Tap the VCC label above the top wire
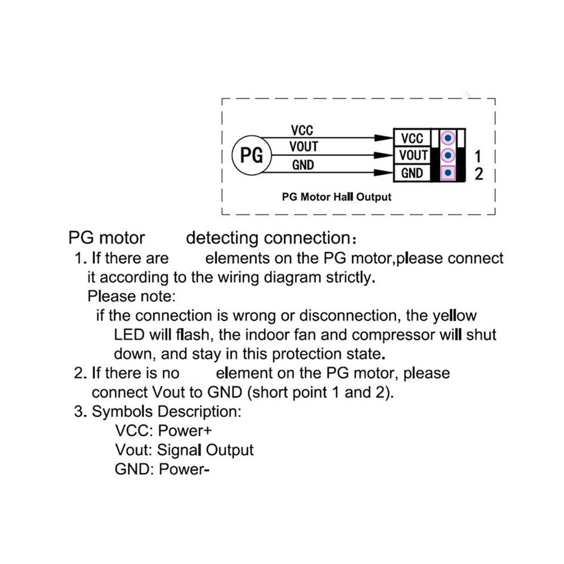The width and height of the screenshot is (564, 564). (302, 130)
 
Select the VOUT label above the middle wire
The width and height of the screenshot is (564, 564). (304, 147)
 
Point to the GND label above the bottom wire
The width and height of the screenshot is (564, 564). (303, 165)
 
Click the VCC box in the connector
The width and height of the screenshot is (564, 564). (412, 138)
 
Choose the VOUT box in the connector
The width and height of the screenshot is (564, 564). (412, 156)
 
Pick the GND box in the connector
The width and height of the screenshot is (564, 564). (412, 173)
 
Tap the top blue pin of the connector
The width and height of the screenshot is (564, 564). (448, 138)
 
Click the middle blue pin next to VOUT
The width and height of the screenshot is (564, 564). (448, 156)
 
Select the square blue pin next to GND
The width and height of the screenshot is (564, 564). (448, 173)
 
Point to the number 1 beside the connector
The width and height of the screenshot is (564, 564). (477, 157)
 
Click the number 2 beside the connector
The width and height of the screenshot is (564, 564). (479, 174)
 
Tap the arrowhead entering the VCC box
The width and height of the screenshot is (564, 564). (384, 138)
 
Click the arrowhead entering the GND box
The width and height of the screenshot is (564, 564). (384, 173)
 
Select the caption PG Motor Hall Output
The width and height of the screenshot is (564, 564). (336, 197)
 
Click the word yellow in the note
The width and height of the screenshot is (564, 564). (454, 316)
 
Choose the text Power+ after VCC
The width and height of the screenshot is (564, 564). (185, 431)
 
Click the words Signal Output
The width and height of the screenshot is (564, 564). (206, 450)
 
